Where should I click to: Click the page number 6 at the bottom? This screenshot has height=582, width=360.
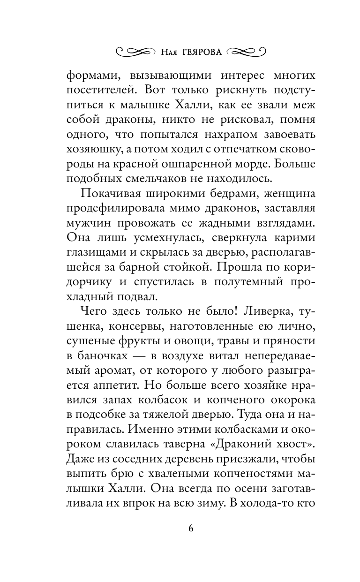[191, 528]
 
